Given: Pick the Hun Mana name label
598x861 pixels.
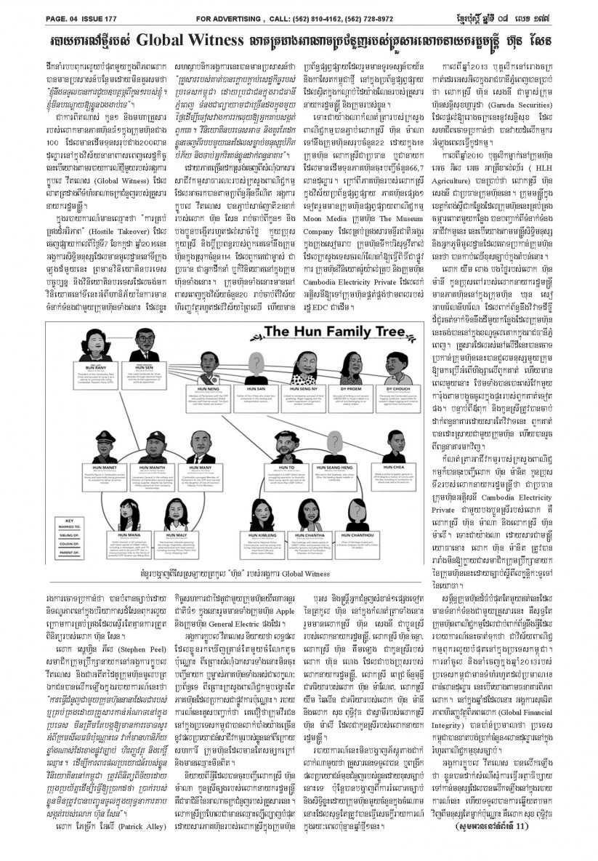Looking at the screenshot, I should pyautogui.click(x=122, y=534).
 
